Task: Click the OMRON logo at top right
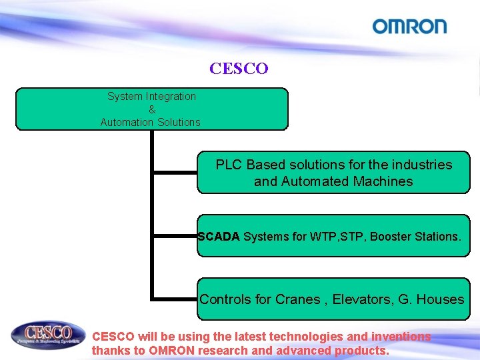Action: tap(409, 27)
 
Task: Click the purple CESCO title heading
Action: tap(239, 69)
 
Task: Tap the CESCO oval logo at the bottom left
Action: tap(49, 335)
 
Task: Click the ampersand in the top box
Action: tap(151, 109)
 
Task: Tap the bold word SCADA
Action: tap(219, 236)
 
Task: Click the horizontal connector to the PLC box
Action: tap(175, 173)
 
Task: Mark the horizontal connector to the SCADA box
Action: tap(175, 235)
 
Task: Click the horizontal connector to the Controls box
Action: tap(175, 298)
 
